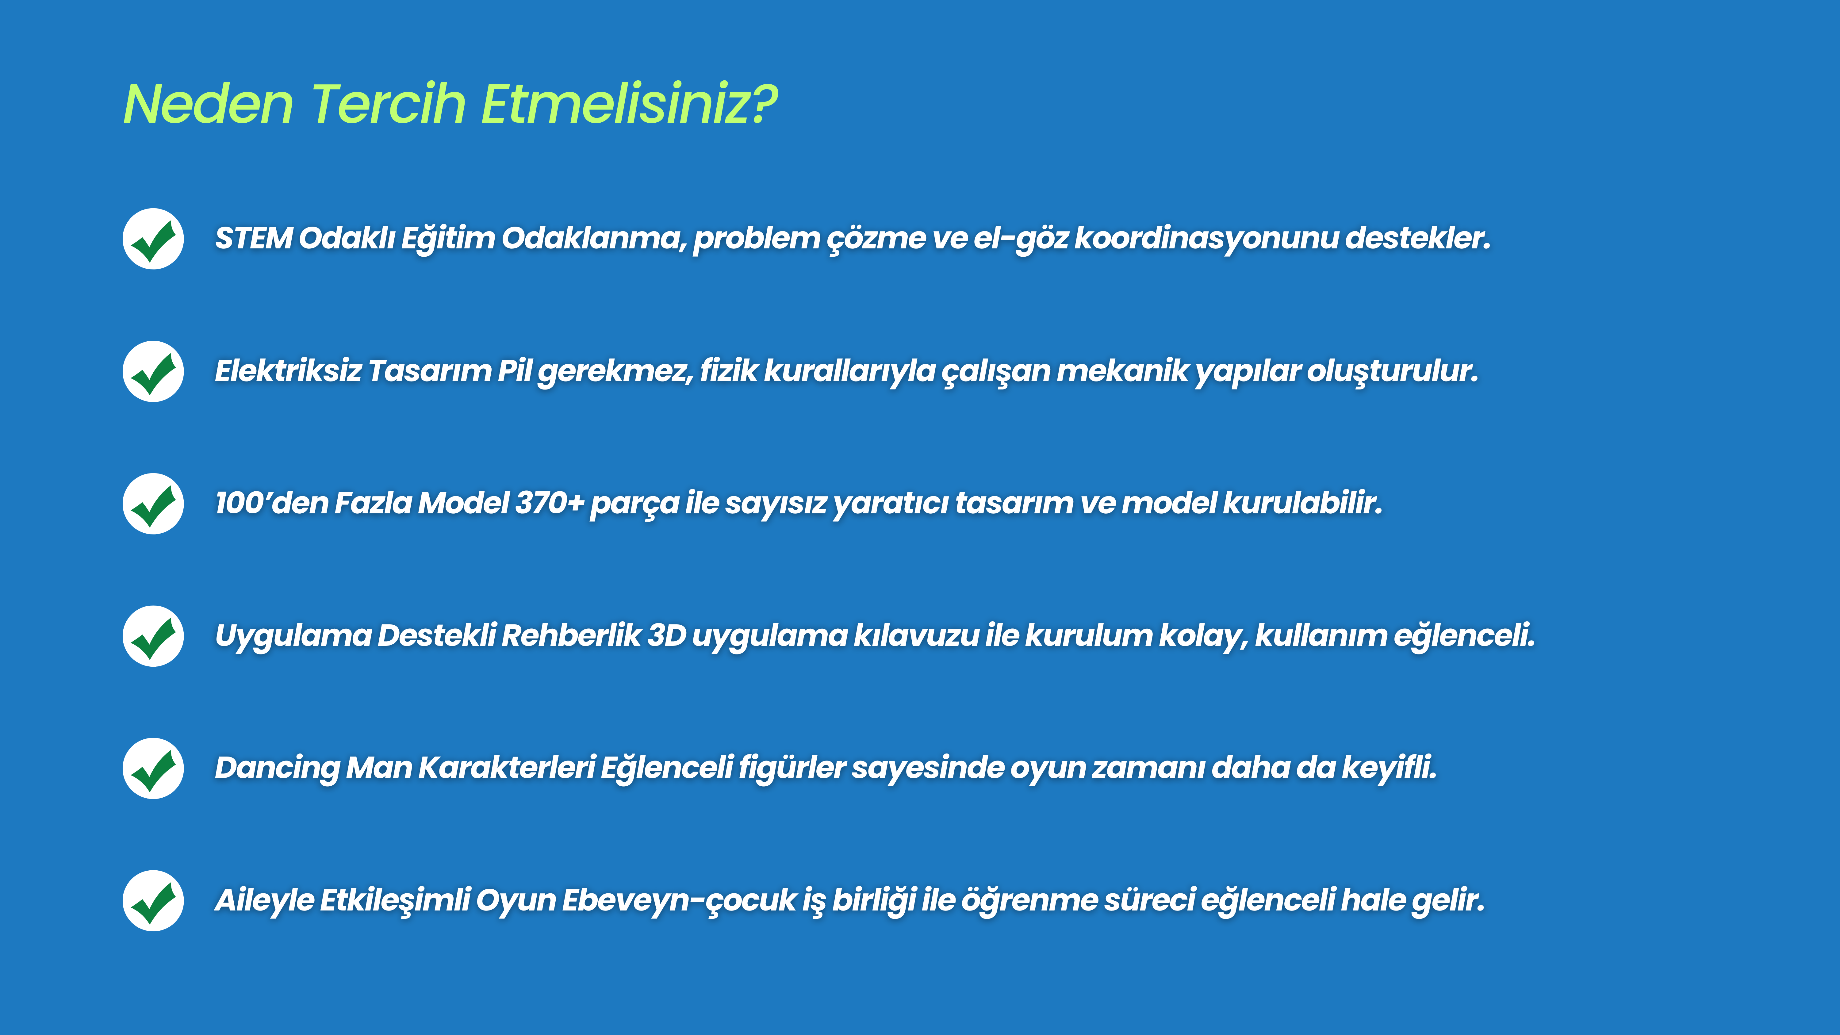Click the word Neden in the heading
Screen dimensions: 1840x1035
209,104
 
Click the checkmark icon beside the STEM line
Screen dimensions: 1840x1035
153,239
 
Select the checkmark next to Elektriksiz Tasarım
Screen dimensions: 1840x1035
153,371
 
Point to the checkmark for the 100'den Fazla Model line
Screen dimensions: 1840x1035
153,504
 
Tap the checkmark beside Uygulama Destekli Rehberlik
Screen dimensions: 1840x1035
153,636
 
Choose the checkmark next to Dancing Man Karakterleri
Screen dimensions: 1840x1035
153,768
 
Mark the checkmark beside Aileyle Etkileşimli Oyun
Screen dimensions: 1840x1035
153,901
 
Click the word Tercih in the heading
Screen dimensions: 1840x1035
389,104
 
